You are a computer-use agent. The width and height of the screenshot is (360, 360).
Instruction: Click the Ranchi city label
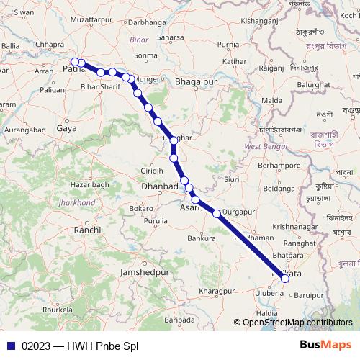(x=87, y=230)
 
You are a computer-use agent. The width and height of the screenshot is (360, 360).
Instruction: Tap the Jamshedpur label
(x=144, y=274)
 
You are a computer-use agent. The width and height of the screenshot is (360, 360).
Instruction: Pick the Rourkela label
(x=58, y=310)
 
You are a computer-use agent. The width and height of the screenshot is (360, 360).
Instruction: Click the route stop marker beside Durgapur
(x=217, y=213)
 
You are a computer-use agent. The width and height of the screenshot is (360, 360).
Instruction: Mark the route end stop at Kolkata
(x=286, y=277)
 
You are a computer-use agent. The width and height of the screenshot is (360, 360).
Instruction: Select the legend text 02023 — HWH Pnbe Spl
(x=80, y=346)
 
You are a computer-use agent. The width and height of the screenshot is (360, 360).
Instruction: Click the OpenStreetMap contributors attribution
(x=297, y=323)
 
